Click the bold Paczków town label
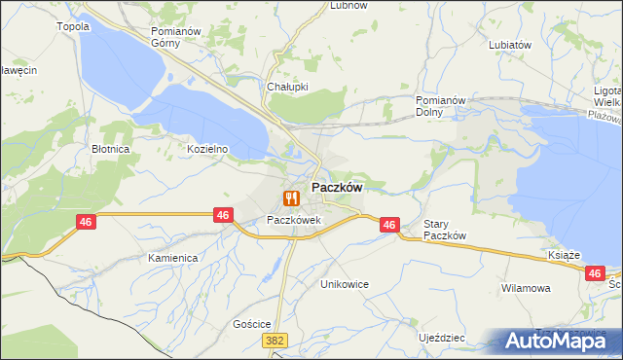pyautogui.click(x=337, y=187)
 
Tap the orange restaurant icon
pyautogui.click(x=290, y=198)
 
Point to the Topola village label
pyautogui.click(x=74, y=26)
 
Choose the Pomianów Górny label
pyautogui.click(x=175, y=37)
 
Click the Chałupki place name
pyautogui.click(x=287, y=86)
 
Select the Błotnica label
pyautogui.click(x=111, y=150)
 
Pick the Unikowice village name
pyautogui.click(x=346, y=284)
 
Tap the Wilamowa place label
pyautogui.click(x=526, y=288)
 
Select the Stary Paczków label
pyautogui.click(x=446, y=230)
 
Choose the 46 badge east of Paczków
pyautogui.click(x=389, y=225)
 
